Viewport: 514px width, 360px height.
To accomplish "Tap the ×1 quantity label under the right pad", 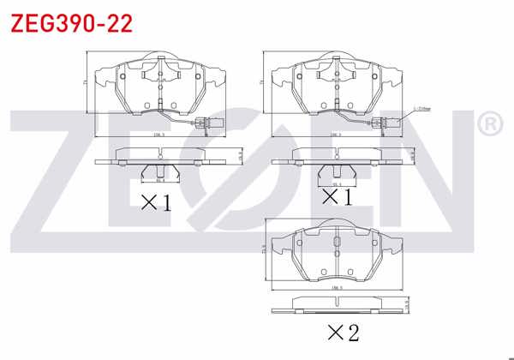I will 337,198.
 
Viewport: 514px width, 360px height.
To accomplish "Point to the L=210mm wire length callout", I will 421,108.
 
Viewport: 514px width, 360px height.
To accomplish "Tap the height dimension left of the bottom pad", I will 261,249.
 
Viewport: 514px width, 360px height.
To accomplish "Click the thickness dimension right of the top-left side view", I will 242,155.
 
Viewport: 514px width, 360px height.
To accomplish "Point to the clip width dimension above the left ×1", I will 158,181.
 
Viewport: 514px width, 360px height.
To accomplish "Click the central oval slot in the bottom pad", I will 337,253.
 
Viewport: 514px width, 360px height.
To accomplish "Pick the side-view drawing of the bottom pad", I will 337,305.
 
